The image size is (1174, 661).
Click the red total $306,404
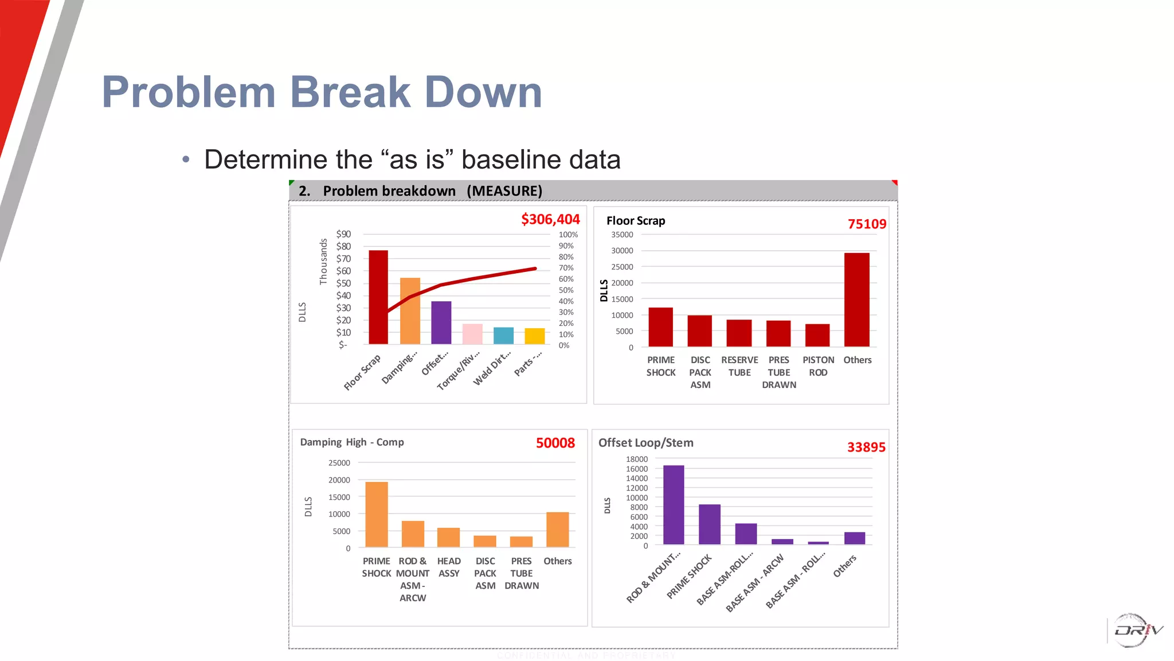pos(550,219)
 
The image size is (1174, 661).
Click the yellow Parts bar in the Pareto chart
pos(534,336)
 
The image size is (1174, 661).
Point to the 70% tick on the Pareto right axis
pos(566,268)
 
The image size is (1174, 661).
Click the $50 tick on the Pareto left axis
pos(343,283)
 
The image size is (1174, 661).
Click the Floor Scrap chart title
pos(636,221)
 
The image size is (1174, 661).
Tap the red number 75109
pos(867,224)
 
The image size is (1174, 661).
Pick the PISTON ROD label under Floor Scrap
pos(818,366)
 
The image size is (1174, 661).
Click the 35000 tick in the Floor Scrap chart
pos(622,235)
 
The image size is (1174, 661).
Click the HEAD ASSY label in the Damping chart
pos(449,567)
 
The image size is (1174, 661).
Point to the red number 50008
pos(555,443)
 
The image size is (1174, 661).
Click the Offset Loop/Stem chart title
pos(646,443)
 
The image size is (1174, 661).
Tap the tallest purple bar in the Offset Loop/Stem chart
pos(674,505)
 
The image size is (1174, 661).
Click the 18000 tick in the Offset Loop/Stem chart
pos(636,459)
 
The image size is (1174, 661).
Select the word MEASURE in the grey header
pos(504,191)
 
